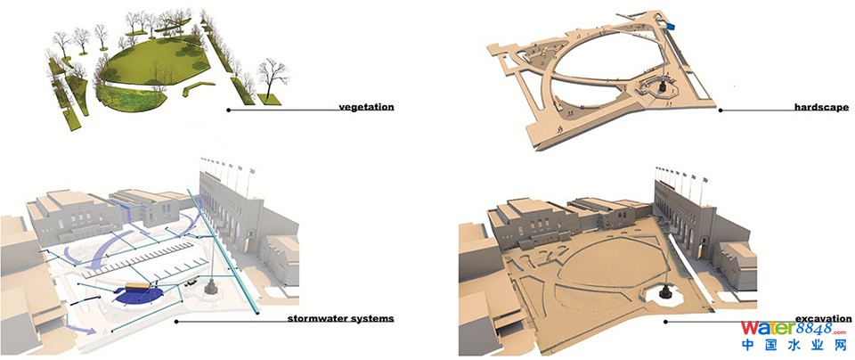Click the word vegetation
(365, 108)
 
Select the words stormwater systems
(341, 318)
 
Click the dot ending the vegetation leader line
(229, 110)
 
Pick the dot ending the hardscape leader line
(721, 110)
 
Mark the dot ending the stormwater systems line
(175, 320)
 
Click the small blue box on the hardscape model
(670, 28)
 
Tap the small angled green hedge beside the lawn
(198, 87)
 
